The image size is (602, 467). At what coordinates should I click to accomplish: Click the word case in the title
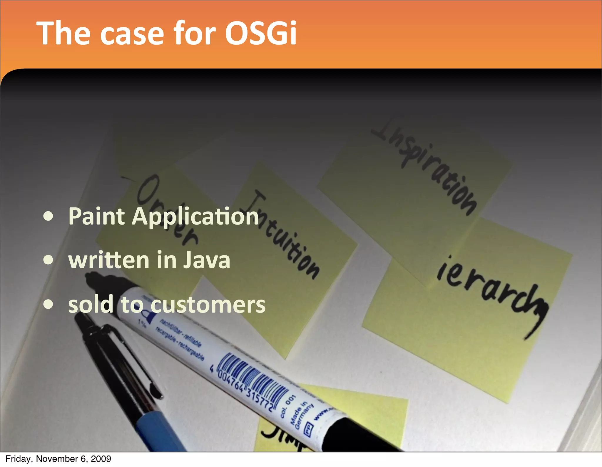[x=131, y=33]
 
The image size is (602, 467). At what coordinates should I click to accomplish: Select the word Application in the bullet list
[x=195, y=217]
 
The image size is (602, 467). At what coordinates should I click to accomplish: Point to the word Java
[x=207, y=260]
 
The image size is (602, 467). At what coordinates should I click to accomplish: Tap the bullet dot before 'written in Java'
[x=48, y=260]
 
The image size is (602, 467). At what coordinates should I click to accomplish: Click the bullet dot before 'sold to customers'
[x=48, y=304]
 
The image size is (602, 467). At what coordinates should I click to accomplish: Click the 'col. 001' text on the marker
[x=287, y=406]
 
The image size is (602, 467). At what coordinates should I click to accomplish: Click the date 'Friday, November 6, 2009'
[x=58, y=459]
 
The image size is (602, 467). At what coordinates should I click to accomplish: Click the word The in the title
[x=63, y=33]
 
